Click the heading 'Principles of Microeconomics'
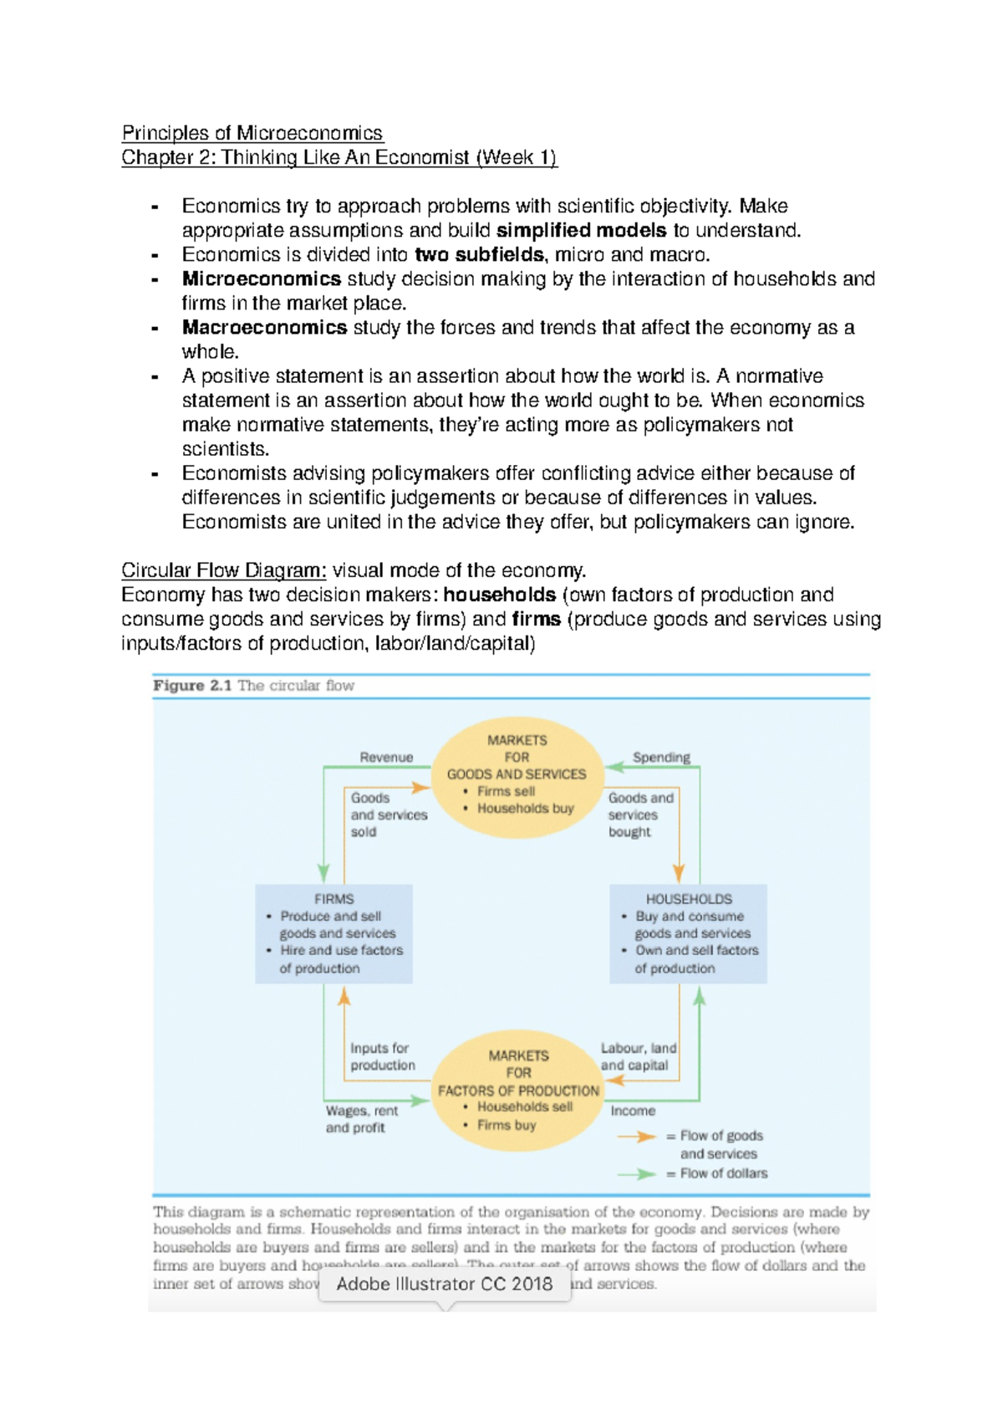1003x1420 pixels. click(x=252, y=133)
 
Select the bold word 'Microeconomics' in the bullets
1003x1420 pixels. click(x=261, y=278)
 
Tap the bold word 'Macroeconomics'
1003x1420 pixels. click(x=264, y=327)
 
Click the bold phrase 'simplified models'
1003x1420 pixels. click(x=581, y=230)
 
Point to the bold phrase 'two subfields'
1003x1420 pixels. click(x=479, y=254)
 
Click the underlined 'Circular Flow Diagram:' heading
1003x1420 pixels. click(x=224, y=570)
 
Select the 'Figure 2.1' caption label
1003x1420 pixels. click(x=192, y=686)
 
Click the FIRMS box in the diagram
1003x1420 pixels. click(x=333, y=933)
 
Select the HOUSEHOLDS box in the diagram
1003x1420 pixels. click(x=688, y=933)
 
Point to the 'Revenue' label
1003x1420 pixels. click(x=386, y=757)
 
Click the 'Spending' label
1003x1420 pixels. click(x=661, y=757)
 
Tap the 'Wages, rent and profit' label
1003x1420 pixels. click(x=361, y=1119)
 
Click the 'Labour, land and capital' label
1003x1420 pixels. click(x=638, y=1056)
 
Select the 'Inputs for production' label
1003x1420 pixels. click(x=382, y=1056)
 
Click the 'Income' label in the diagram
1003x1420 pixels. click(x=633, y=1111)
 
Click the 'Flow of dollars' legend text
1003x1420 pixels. click(x=723, y=1173)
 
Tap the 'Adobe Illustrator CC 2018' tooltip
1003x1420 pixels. click(x=444, y=1284)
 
